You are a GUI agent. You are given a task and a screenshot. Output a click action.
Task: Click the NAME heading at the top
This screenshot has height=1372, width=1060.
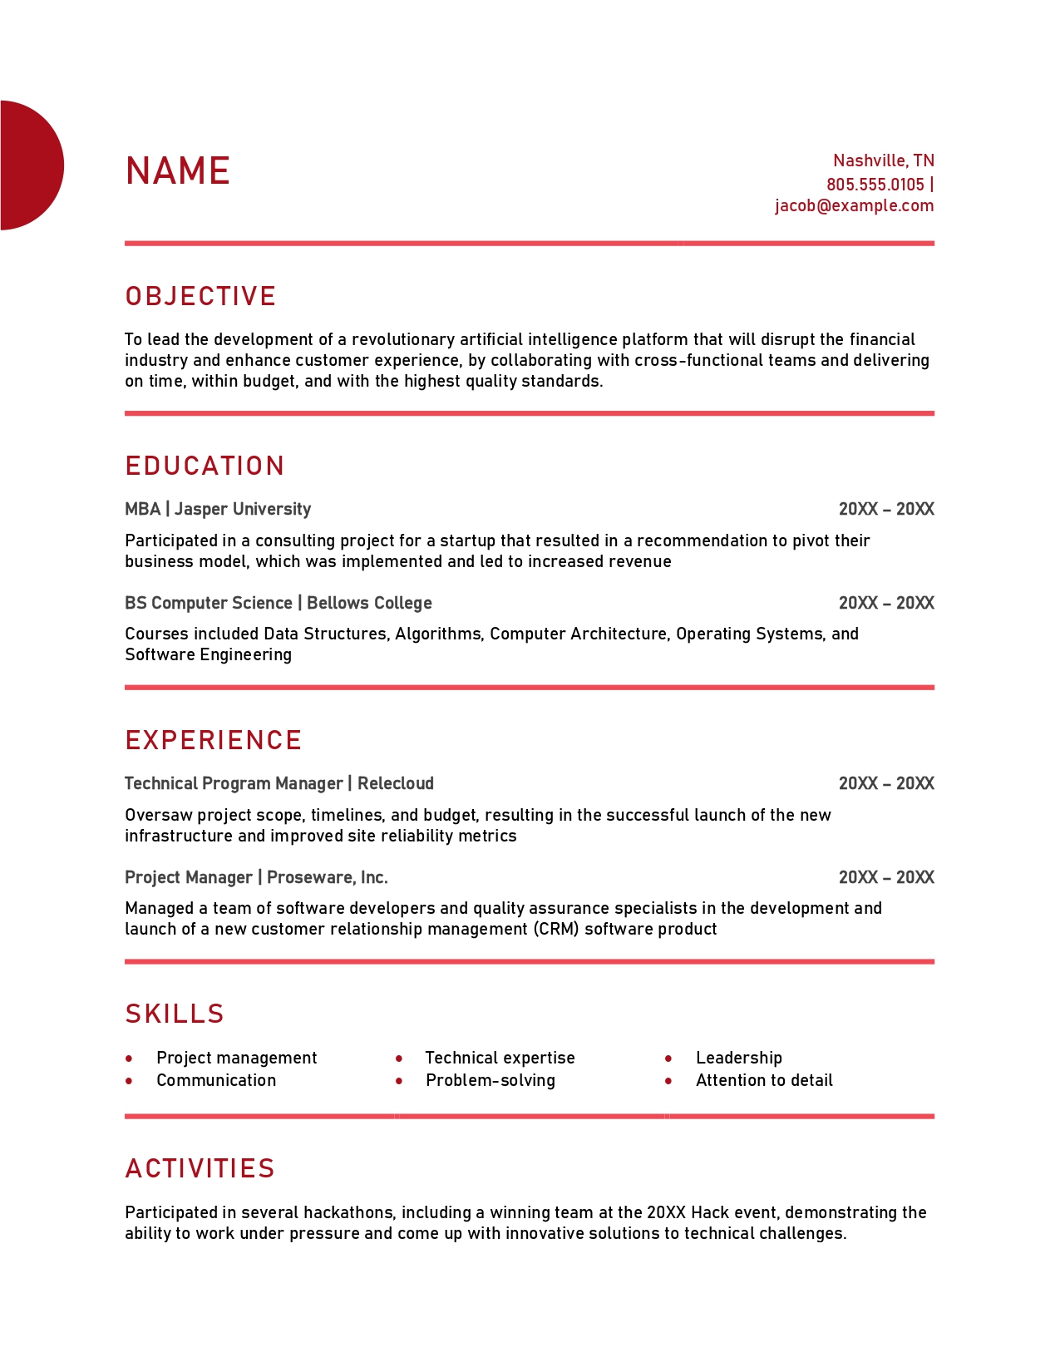click(177, 171)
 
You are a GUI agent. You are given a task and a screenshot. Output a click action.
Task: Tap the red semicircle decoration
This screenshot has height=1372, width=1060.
click(30, 165)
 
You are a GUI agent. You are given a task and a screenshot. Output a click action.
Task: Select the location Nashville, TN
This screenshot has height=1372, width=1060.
click(883, 160)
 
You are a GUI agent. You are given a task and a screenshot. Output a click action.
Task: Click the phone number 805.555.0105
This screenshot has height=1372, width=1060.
click(875, 185)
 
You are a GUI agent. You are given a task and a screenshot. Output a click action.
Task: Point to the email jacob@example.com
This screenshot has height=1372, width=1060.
click(854, 205)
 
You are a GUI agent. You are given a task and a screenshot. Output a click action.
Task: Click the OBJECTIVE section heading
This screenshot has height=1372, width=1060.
click(200, 297)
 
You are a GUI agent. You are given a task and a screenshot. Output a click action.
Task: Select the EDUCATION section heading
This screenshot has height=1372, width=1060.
click(205, 466)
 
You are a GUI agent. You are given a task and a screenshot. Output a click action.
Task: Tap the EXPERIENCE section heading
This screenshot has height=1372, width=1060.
click(213, 740)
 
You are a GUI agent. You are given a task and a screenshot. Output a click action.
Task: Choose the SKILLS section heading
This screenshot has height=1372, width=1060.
click(175, 1014)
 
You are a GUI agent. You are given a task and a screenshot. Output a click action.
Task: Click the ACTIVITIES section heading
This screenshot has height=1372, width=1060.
click(200, 1168)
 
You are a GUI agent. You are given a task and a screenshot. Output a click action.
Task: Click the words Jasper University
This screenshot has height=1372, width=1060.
click(243, 509)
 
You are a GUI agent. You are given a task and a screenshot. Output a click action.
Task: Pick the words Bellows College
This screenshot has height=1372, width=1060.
click(369, 603)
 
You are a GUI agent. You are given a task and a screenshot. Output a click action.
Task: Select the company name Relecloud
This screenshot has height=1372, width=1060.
click(396, 783)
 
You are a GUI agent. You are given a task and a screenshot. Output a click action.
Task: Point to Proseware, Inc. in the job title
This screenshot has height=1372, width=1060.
click(327, 877)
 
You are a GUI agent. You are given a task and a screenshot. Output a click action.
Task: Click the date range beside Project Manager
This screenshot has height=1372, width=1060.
click(885, 877)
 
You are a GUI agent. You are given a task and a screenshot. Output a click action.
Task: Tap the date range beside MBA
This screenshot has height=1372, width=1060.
click(885, 509)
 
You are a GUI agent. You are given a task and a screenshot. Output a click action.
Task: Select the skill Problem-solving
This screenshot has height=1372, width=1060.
click(490, 1080)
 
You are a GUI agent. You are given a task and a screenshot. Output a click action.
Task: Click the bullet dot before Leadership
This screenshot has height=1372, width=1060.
click(668, 1059)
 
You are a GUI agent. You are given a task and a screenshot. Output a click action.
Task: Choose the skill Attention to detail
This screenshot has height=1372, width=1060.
click(763, 1080)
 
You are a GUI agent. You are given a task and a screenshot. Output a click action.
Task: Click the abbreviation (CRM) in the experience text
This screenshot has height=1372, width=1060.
click(556, 929)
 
